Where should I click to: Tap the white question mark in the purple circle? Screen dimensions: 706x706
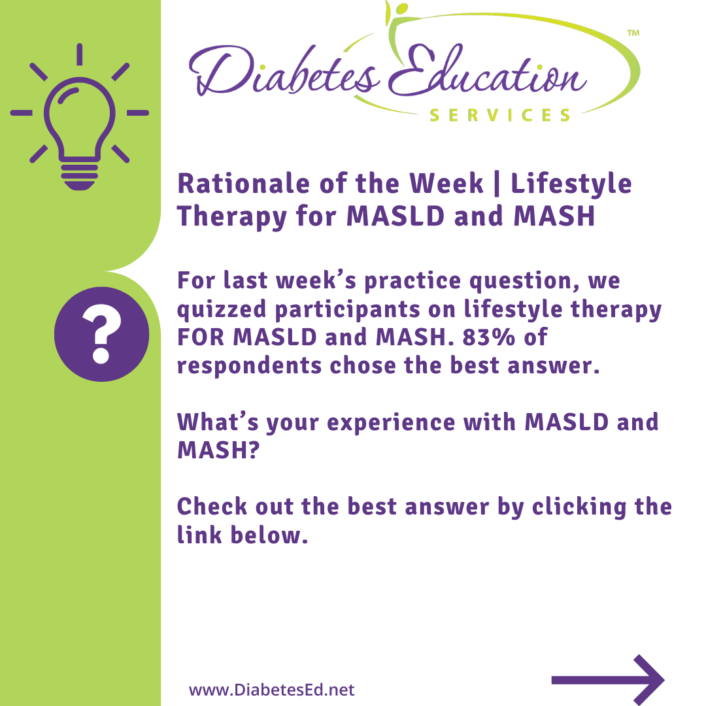pyautogui.click(x=102, y=333)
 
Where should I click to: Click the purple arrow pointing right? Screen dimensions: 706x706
pyautogui.click(x=608, y=679)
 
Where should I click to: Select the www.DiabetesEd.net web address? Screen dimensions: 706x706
pyautogui.click(x=271, y=690)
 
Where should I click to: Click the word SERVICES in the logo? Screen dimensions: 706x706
pyautogui.click(x=500, y=115)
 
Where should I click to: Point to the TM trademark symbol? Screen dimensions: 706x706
pyautogui.click(x=633, y=33)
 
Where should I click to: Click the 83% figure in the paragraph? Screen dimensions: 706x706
pyautogui.click(x=488, y=337)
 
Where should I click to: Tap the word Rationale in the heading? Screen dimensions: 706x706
pyautogui.click(x=244, y=184)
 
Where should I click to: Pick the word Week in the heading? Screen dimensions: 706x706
pyautogui.click(x=446, y=184)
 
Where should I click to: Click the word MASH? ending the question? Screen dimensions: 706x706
pyautogui.click(x=219, y=450)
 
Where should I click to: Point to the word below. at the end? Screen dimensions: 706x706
pyautogui.click(x=269, y=535)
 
